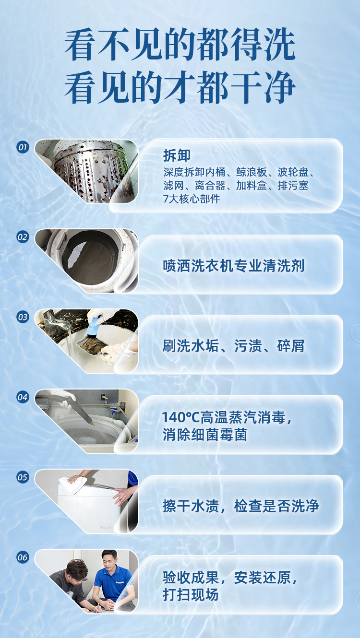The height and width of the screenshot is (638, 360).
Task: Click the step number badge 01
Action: [23, 147]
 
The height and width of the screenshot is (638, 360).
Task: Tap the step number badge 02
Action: [23, 237]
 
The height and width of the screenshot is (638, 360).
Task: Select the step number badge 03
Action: [23, 317]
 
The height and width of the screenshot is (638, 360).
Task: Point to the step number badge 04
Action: [23, 397]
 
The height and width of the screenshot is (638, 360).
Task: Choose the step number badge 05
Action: [23, 477]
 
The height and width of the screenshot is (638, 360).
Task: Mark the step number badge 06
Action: [23, 557]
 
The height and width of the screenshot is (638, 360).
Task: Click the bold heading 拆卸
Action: [177, 155]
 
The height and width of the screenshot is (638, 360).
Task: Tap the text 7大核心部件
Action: [192, 199]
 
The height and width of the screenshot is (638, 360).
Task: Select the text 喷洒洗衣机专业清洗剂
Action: [234, 266]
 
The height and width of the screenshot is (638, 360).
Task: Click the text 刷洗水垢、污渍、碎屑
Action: [233, 346]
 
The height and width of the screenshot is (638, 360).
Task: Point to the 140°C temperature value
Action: [181, 417]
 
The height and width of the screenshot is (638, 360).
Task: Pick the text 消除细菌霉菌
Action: [204, 435]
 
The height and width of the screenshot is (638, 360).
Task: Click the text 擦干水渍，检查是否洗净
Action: [241, 506]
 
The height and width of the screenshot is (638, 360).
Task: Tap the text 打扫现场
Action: [191, 595]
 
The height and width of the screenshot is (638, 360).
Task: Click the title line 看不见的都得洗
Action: [180, 45]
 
